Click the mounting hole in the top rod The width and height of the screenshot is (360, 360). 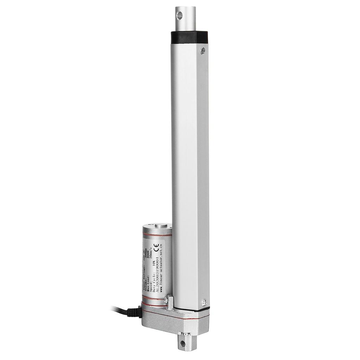click(x=180, y=15)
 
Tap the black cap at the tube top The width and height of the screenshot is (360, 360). click(x=189, y=36)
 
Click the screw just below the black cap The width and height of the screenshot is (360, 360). click(x=203, y=51)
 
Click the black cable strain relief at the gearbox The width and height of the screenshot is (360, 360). click(x=134, y=312)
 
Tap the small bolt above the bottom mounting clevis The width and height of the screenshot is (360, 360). click(x=185, y=334)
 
